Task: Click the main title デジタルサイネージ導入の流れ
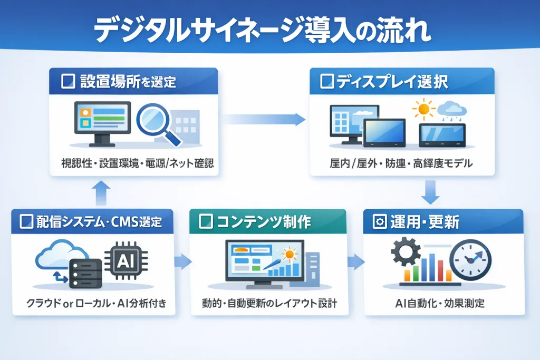(x=262, y=31)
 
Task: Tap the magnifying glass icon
(x=158, y=124)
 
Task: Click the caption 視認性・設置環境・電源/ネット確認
(x=133, y=163)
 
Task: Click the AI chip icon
(x=123, y=260)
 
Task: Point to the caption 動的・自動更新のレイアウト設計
(x=269, y=304)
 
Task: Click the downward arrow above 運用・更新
(x=431, y=192)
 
